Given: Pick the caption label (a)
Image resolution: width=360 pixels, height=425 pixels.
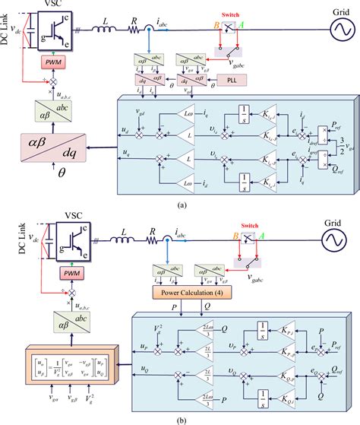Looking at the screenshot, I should click(180, 205).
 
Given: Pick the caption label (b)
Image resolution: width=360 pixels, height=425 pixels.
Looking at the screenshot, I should click(180, 418).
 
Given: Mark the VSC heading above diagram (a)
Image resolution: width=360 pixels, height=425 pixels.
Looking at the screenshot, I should click(55, 5).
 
